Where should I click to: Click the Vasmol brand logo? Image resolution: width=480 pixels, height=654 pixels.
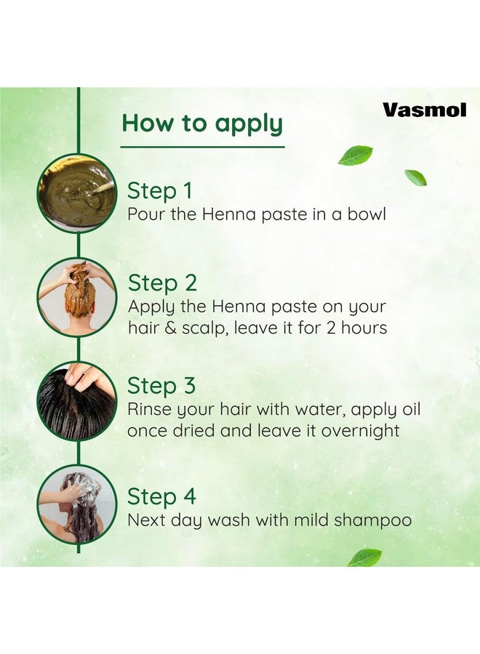tap(425, 110)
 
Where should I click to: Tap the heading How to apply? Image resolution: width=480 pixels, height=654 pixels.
tap(201, 123)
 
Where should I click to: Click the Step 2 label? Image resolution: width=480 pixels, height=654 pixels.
tap(162, 283)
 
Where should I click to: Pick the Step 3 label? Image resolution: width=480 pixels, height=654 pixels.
tap(162, 386)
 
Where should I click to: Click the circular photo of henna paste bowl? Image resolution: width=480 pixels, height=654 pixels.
tap(77, 193)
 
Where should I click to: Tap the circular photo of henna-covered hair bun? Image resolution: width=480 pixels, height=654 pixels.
tap(77, 296)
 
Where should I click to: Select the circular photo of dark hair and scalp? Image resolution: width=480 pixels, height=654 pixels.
tap(77, 400)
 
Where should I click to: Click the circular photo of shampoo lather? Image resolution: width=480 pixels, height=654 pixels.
tap(77, 504)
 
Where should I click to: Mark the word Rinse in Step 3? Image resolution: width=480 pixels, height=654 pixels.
tap(151, 409)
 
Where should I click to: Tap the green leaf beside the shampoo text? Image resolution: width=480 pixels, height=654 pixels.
tap(364, 557)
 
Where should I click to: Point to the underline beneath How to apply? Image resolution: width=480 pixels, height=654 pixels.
tap(201, 147)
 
